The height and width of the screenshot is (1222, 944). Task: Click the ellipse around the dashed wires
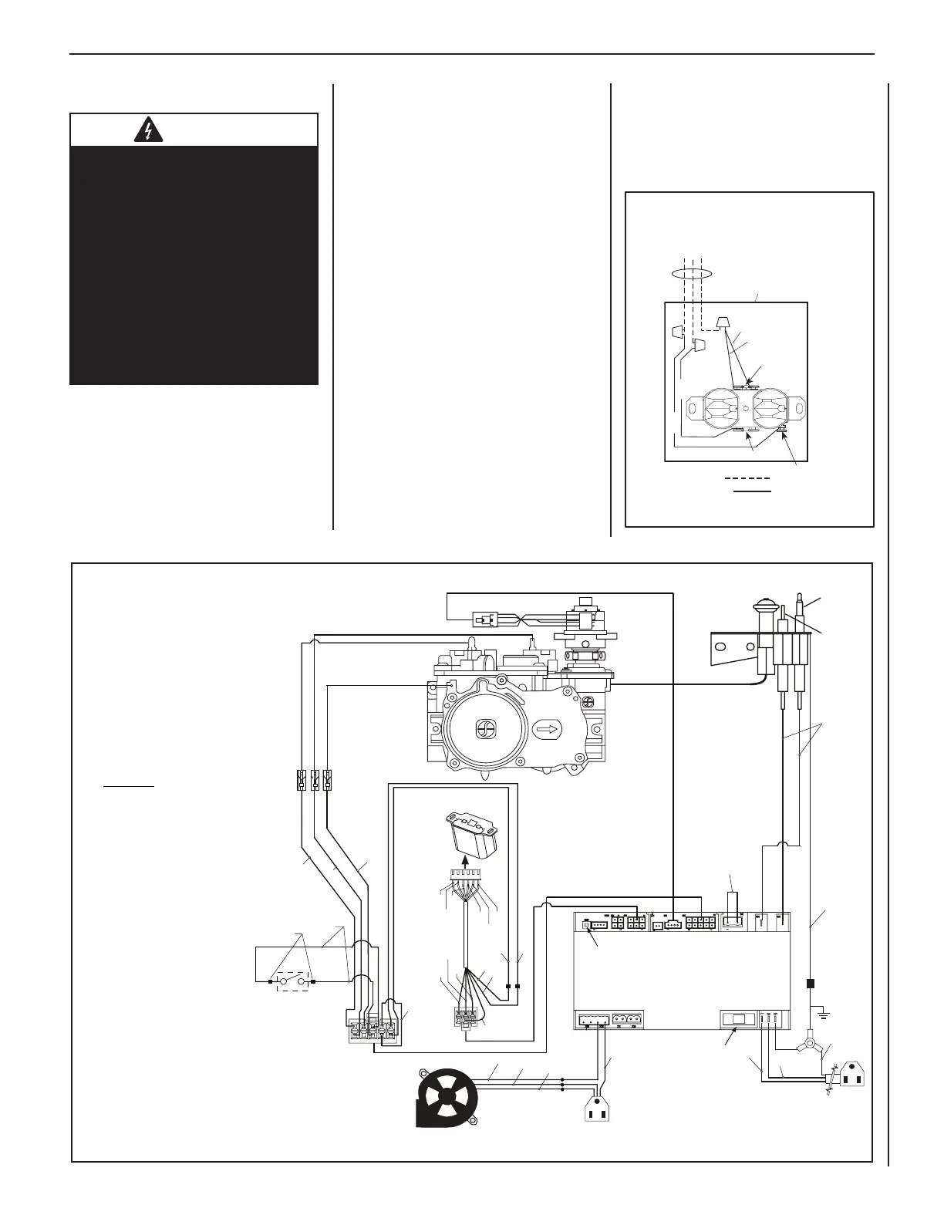(689, 272)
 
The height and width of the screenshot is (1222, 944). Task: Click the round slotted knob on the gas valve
(486, 727)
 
